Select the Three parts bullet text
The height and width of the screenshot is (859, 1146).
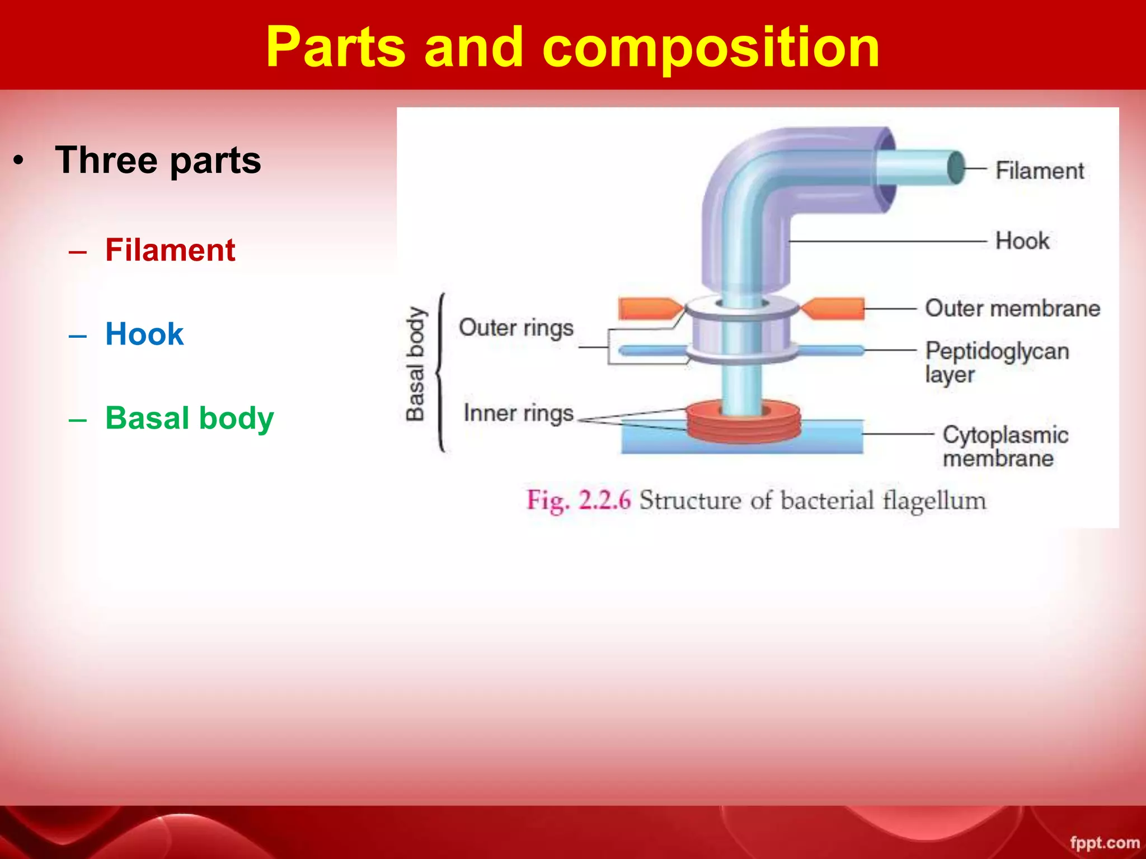pyautogui.click(x=158, y=161)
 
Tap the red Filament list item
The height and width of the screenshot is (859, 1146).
pyautogui.click(x=170, y=250)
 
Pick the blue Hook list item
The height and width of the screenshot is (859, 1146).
pyautogui.click(x=144, y=334)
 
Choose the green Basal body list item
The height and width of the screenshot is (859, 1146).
pyautogui.click(x=189, y=418)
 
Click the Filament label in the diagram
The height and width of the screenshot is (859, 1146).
pyautogui.click(x=1039, y=171)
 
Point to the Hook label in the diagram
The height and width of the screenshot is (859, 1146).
pyautogui.click(x=1022, y=241)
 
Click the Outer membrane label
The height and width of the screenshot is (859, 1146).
pyautogui.click(x=1012, y=308)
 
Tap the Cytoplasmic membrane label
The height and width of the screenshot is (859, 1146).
pyautogui.click(x=1005, y=446)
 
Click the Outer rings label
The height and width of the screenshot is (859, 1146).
pyautogui.click(x=516, y=328)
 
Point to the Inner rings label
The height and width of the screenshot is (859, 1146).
pyautogui.click(x=518, y=413)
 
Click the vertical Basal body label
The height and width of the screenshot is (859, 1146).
pyautogui.click(x=415, y=364)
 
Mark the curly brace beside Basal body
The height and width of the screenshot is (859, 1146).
pyautogui.click(x=441, y=372)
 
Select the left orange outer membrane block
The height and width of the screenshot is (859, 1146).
pyautogui.click(x=648, y=308)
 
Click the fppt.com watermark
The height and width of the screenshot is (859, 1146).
pyautogui.click(x=1104, y=842)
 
